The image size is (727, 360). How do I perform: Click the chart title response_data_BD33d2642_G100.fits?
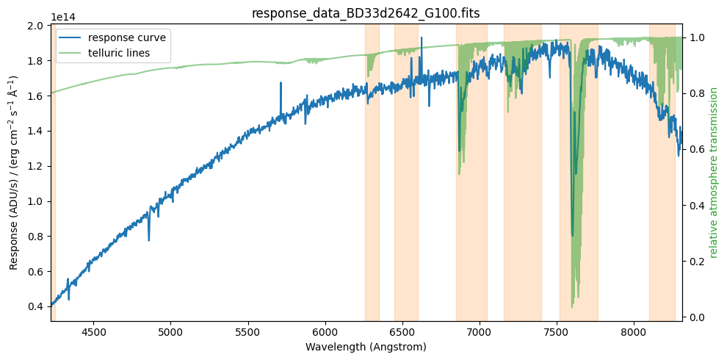point(366,13)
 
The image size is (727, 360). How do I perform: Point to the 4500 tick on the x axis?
point(93,331)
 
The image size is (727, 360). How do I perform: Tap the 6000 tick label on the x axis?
point(325,331)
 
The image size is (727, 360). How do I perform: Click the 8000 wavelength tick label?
point(633,331)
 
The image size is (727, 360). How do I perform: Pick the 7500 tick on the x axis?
point(556,331)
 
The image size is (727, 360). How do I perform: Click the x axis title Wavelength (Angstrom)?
point(366,347)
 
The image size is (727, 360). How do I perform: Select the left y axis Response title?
point(14,173)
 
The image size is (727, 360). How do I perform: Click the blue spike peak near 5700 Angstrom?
point(281,84)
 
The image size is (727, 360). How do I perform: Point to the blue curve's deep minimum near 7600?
point(573,235)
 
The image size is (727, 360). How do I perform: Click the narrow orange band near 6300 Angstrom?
point(372,173)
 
